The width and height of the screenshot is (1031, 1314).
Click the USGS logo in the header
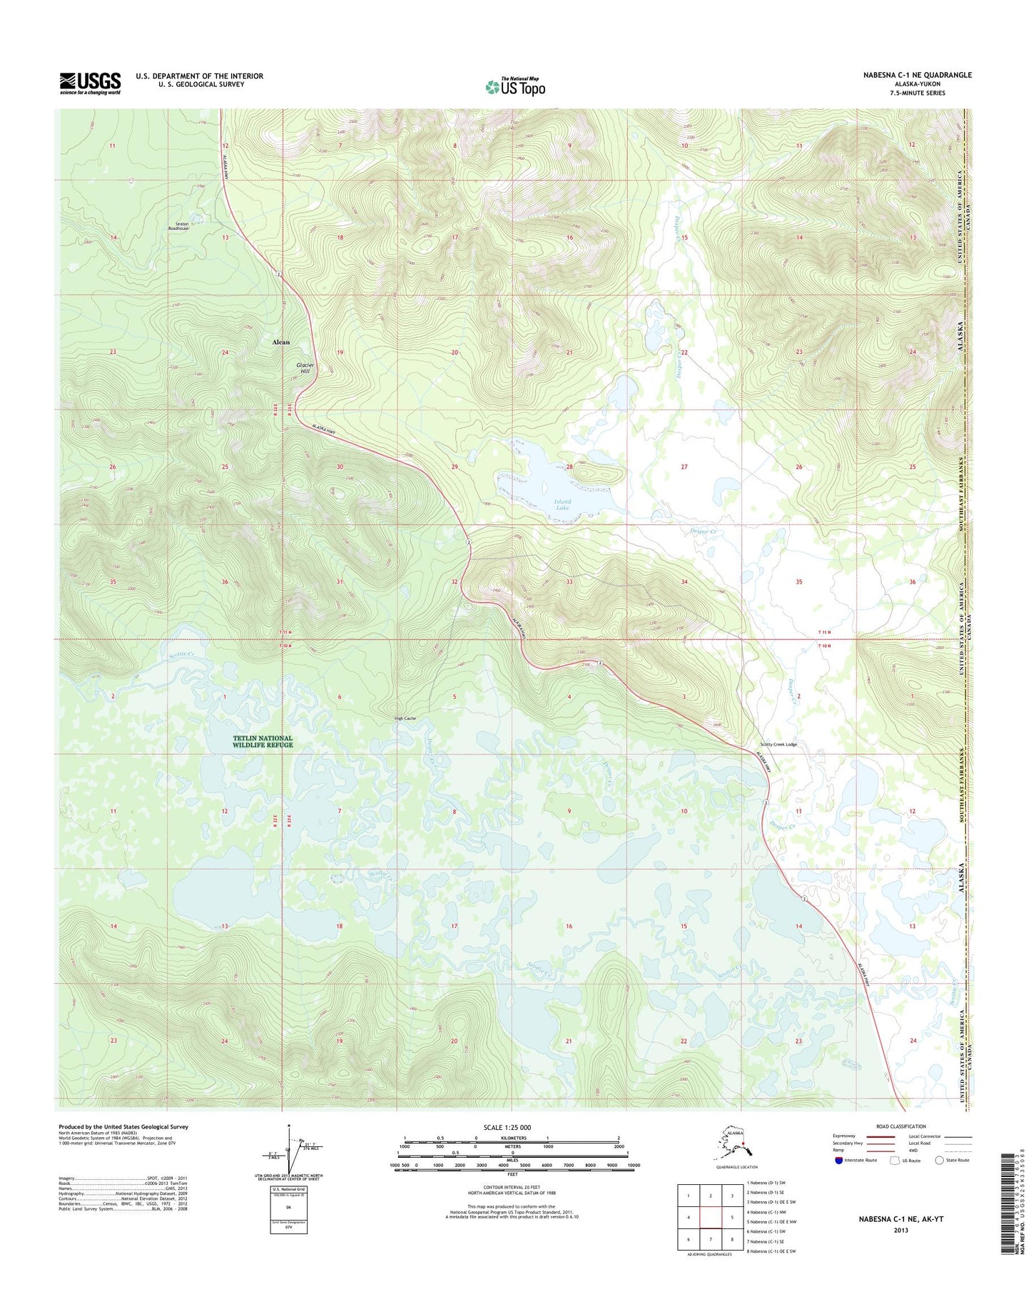[x=90, y=83]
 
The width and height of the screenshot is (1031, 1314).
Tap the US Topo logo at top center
[x=515, y=86]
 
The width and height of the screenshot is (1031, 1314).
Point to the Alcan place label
[x=281, y=342]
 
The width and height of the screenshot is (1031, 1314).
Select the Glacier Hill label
[x=305, y=367]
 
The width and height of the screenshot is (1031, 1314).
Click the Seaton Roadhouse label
[x=178, y=226]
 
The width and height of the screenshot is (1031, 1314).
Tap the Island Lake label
[x=562, y=504]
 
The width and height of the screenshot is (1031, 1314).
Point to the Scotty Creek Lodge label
[x=778, y=744]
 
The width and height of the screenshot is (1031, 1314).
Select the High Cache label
[x=405, y=718]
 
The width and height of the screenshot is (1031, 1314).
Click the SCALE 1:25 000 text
[x=512, y=1127]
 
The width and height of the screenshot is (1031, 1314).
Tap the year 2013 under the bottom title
[x=900, y=1230]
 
